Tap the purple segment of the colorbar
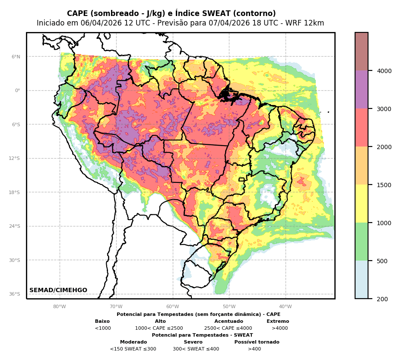(x=362, y=89)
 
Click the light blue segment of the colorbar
(x=362, y=280)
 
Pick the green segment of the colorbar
(x=362, y=242)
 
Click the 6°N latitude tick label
(x=16, y=57)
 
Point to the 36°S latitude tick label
(x=15, y=294)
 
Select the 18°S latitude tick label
(x=15, y=192)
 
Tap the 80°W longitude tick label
(x=60, y=307)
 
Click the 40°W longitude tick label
(x=285, y=307)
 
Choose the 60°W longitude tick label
(x=172, y=307)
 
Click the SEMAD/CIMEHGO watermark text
(x=58, y=290)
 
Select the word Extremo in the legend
(x=278, y=322)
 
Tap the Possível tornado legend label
(x=257, y=342)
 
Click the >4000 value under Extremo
(x=279, y=328)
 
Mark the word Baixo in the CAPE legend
(x=102, y=322)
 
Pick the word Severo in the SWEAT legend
(x=193, y=342)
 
